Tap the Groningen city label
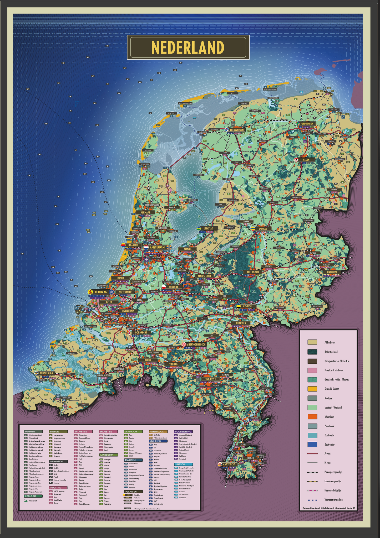tap(307, 123)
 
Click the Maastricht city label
tap(230, 464)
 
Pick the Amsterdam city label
tap(157, 247)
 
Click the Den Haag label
tap(100, 292)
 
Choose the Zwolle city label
tap(262, 229)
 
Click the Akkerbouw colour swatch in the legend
tap(312, 342)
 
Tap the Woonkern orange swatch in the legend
tap(312, 417)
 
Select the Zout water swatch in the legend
tap(312, 445)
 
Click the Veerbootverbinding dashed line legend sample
tap(312, 500)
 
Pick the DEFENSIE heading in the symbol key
tap(33, 431)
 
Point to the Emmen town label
tap(334, 189)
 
